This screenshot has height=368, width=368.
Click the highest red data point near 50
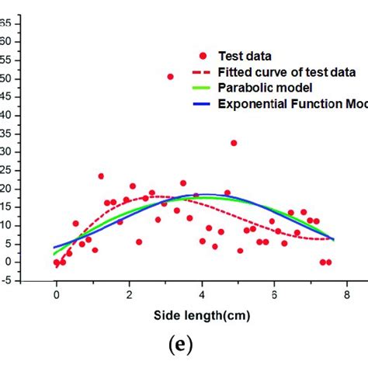click(x=170, y=76)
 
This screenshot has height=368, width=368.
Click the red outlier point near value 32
click(x=234, y=143)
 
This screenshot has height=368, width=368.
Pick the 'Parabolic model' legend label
click(x=260, y=87)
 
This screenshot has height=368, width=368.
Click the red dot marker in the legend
click(x=203, y=56)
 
